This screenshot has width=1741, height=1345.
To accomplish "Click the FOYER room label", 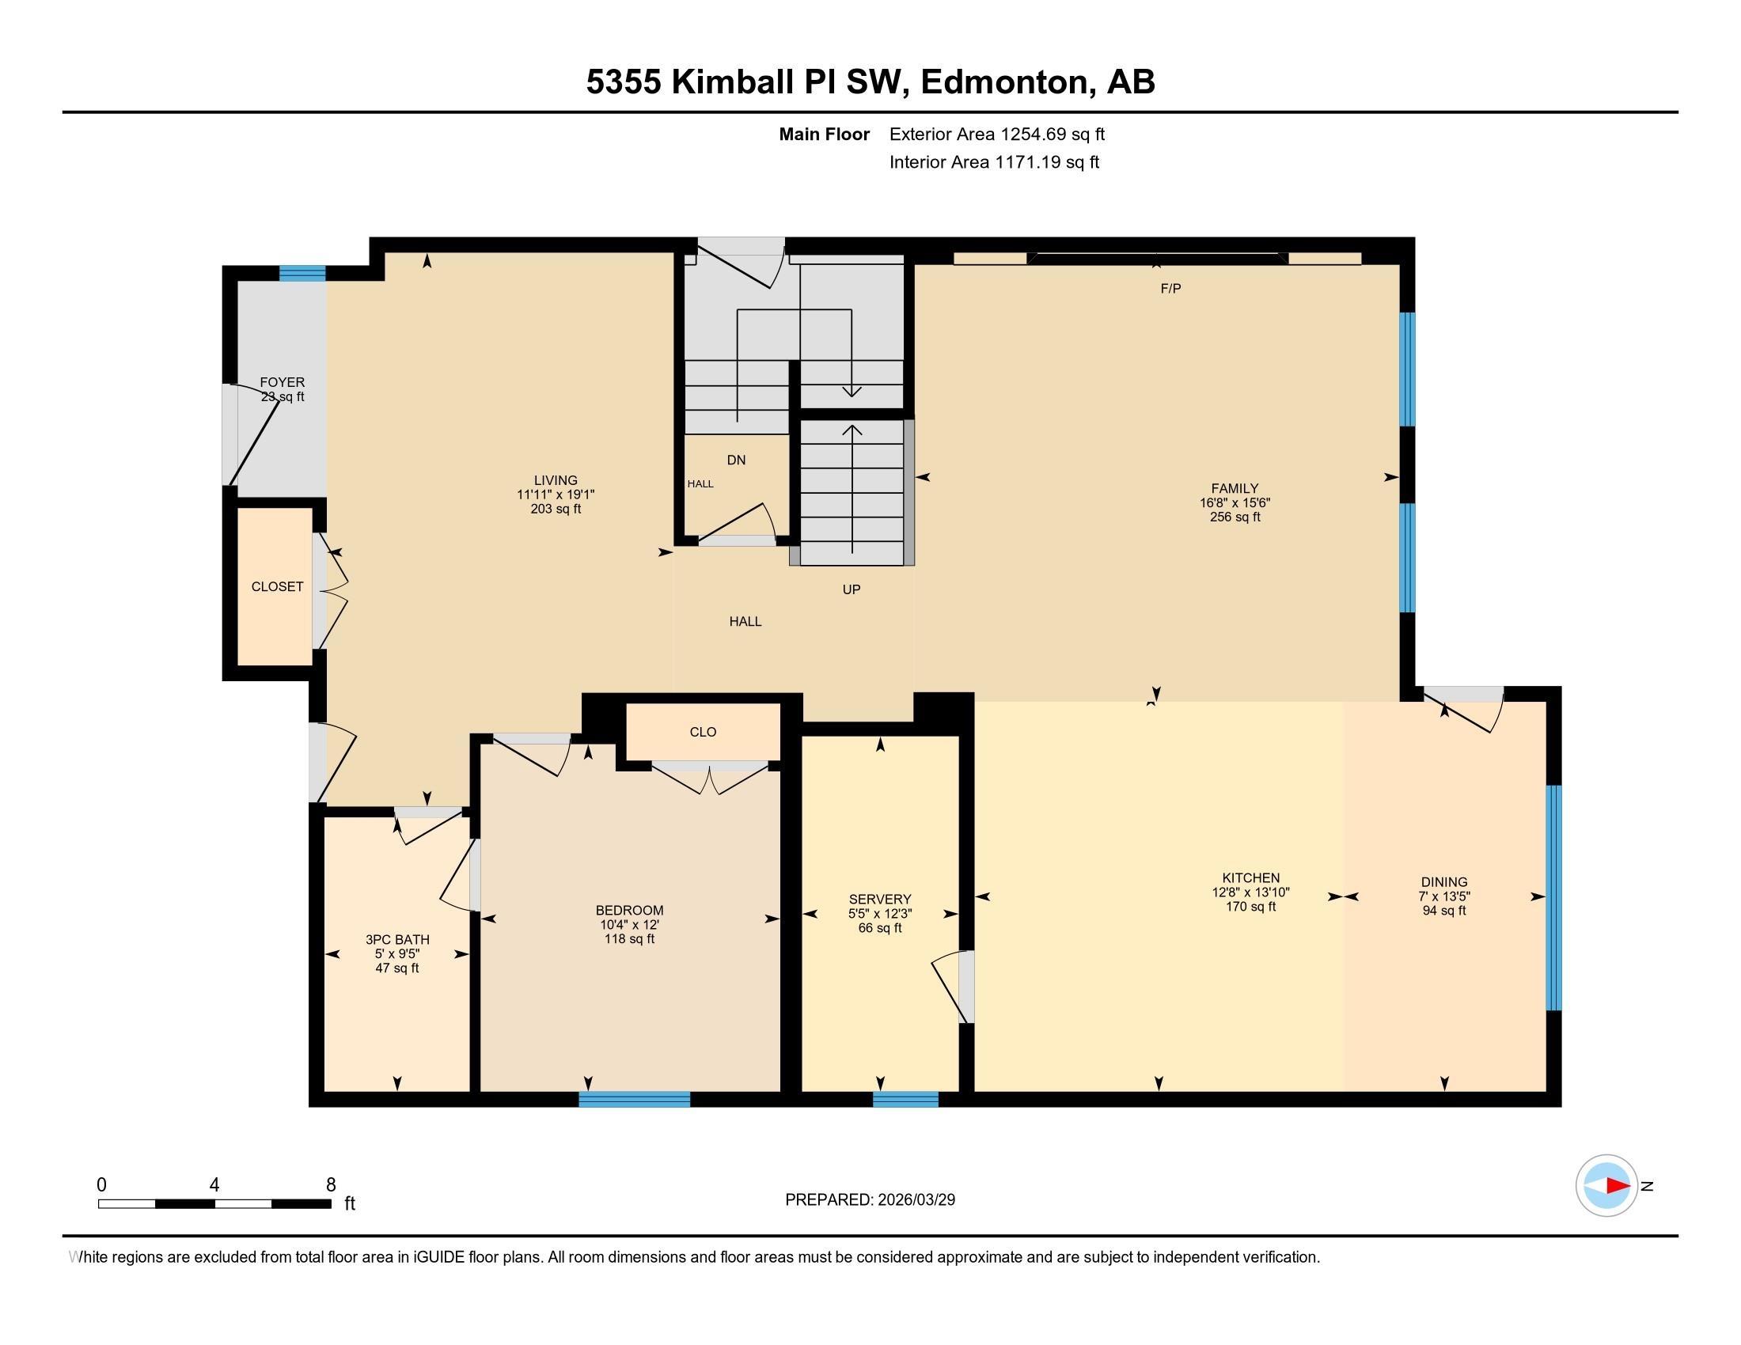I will (283, 382).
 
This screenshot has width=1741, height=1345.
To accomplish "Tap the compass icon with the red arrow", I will (1606, 1186).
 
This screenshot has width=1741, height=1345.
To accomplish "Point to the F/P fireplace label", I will (1170, 290).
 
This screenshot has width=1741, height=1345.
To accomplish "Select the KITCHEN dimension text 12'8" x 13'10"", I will (1250, 892).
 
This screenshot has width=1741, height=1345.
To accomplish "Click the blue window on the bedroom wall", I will (634, 1100).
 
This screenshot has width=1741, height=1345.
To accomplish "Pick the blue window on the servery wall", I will (905, 1100).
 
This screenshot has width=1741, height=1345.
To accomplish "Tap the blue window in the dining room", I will (1553, 897).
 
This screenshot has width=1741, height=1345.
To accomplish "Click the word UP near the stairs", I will (852, 589).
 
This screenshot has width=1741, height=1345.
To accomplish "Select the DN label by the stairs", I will (736, 460).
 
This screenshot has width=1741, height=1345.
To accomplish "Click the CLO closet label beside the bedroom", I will (702, 732).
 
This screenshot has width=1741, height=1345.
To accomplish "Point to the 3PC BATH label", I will (397, 939).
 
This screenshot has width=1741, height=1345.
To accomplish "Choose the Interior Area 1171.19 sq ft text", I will (994, 162).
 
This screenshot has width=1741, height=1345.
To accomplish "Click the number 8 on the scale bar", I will (331, 1185).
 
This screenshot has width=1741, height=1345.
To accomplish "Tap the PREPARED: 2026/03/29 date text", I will (870, 1200).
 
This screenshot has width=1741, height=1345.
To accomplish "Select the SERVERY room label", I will (879, 899).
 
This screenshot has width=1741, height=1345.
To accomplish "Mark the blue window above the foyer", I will (302, 273).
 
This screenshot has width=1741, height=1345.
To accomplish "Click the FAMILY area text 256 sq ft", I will (1234, 517).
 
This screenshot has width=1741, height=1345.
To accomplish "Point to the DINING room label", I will (1443, 882).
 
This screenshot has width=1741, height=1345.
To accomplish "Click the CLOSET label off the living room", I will (277, 586).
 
